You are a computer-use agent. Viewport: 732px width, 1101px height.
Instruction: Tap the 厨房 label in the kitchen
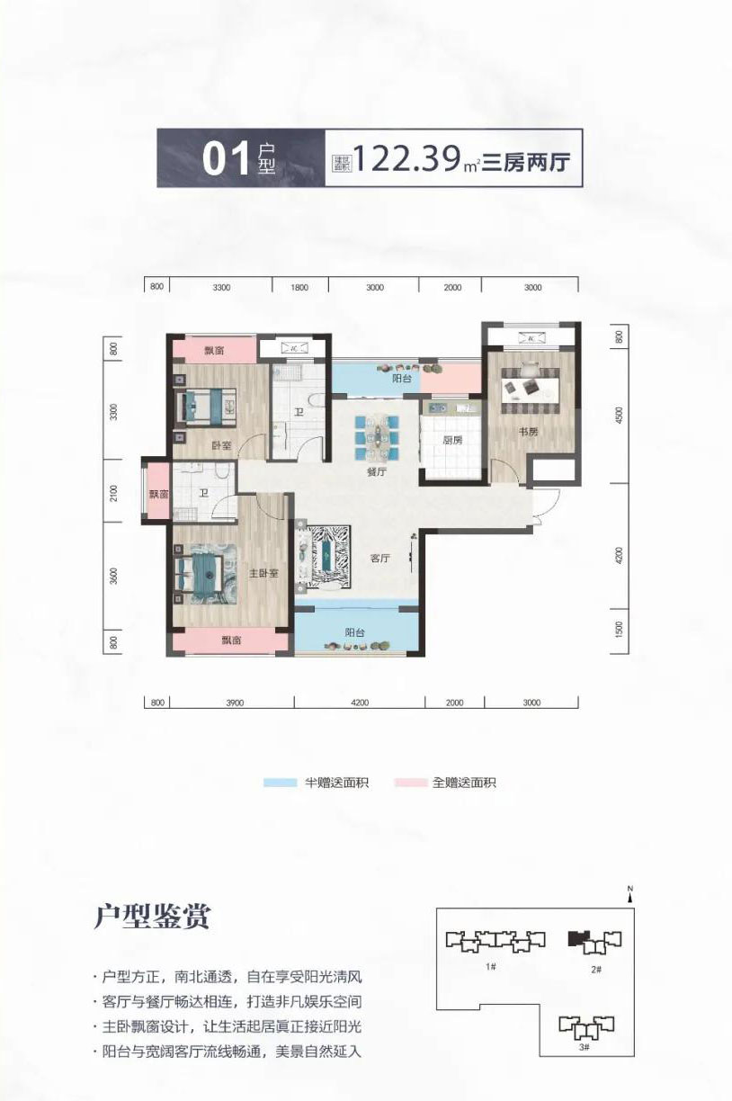tap(452, 440)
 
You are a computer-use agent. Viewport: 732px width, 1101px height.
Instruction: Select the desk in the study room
tap(531, 384)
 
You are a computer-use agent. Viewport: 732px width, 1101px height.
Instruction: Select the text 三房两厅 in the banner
tap(529, 161)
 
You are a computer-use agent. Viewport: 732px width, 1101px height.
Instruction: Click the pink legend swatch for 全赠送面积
tap(410, 783)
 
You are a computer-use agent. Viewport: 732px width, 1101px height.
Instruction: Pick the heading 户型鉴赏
tap(152, 917)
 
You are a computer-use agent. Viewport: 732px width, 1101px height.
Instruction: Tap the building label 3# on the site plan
tap(584, 1047)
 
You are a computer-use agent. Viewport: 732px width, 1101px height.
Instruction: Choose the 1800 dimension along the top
tap(299, 287)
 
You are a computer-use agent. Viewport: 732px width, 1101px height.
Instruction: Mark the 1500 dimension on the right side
tap(620, 627)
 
